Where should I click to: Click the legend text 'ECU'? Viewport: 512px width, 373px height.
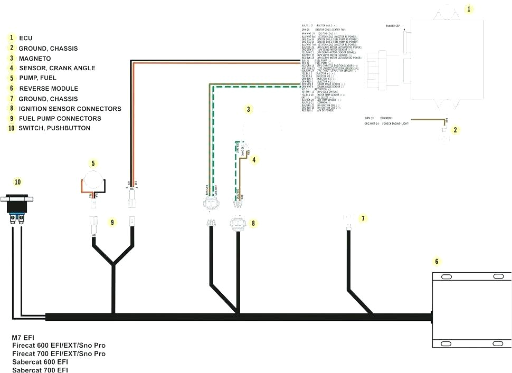tap(26, 38)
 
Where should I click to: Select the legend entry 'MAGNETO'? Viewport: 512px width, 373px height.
tap(35, 58)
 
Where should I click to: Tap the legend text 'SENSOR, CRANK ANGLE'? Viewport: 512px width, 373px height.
tap(57, 68)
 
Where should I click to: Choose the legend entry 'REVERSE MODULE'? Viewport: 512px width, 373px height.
tap(48, 88)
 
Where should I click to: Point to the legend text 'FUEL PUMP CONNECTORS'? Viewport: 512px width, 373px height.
tap(60, 118)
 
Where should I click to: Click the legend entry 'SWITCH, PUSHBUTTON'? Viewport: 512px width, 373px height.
tap(54, 128)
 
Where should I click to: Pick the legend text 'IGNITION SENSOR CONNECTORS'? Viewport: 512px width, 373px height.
tap(70, 109)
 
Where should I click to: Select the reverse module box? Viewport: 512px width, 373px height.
tap(471, 310)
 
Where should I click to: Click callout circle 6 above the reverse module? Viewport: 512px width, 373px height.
tap(436, 261)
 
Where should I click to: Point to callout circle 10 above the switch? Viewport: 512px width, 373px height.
tap(18, 182)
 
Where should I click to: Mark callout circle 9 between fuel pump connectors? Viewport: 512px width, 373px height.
tap(112, 222)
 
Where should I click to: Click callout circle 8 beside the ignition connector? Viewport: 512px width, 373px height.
tap(253, 223)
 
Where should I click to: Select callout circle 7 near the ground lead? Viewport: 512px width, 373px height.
tap(362, 218)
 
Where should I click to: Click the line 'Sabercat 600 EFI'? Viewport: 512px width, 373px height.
tap(40, 362)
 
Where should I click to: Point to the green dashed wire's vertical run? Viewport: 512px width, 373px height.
tap(213, 137)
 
